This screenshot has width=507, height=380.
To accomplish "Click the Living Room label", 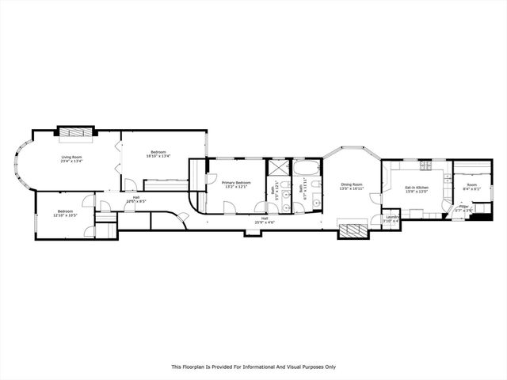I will pyautogui.click(x=72, y=158).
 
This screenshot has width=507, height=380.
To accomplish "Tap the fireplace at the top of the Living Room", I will pyautogui.click(x=75, y=133).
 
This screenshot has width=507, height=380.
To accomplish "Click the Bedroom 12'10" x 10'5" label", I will pyautogui.click(x=63, y=213).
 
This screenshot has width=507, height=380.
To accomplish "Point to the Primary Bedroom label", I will pyautogui.click(x=236, y=184).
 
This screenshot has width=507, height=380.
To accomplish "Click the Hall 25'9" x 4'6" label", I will pyautogui.click(x=264, y=220).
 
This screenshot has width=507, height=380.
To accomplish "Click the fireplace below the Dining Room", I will pyautogui.click(x=353, y=230).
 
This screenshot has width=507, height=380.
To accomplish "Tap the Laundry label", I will pyautogui.click(x=391, y=219).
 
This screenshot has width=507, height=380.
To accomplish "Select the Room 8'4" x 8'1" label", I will pyautogui.click(x=471, y=187).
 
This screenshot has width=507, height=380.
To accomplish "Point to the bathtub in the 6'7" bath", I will pyautogui.click(x=307, y=168).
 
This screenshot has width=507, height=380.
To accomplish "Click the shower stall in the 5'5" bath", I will pyautogui.click(x=279, y=169).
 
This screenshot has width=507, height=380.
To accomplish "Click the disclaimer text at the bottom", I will pyautogui.click(x=253, y=367).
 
